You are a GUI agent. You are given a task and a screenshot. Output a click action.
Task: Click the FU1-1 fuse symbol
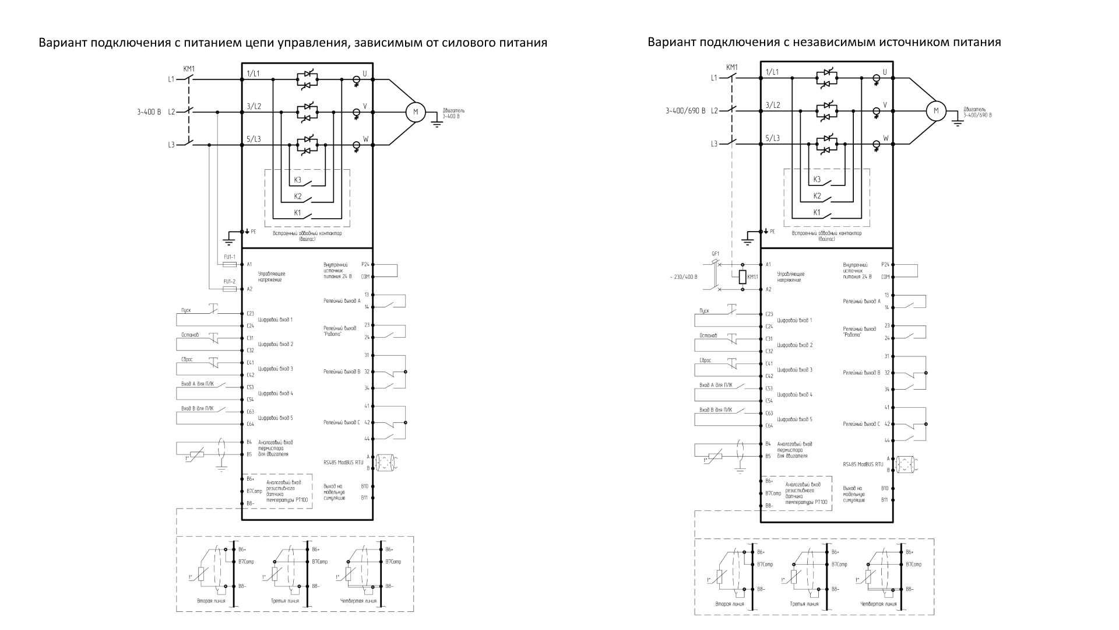tap(230, 264)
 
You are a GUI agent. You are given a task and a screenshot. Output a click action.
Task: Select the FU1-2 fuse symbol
tap(230, 289)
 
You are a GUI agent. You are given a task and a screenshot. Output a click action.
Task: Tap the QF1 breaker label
tap(716, 254)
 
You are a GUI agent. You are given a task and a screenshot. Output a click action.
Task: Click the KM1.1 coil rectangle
tap(743, 276)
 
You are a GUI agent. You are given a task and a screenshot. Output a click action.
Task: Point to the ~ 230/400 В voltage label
tap(684, 277)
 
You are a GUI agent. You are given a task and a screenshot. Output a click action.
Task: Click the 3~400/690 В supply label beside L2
tap(685, 110)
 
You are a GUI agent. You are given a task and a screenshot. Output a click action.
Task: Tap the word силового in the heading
tap(470, 43)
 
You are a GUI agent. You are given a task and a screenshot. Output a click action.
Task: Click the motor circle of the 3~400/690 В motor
tap(937, 111)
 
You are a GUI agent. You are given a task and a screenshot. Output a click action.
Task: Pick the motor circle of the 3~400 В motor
tap(416, 112)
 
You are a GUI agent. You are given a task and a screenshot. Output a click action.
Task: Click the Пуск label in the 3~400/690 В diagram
tap(705, 311)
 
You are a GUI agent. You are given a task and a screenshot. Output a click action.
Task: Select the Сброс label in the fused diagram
tap(187, 359)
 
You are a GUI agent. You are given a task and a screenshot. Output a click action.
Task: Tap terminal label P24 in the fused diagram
tap(365, 264)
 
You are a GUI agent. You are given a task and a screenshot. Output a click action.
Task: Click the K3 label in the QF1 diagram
tap(817, 179)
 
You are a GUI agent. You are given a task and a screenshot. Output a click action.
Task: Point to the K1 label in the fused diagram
tap(297, 212)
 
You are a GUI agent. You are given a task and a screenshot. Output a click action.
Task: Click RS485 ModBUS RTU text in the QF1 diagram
tap(863, 465)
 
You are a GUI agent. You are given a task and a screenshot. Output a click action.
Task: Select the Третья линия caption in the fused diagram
tap(285, 601)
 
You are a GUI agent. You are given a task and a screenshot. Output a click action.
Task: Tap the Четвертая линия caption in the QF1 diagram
tap(878, 604)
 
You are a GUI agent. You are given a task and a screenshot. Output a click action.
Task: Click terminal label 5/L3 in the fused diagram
tap(254, 139)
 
